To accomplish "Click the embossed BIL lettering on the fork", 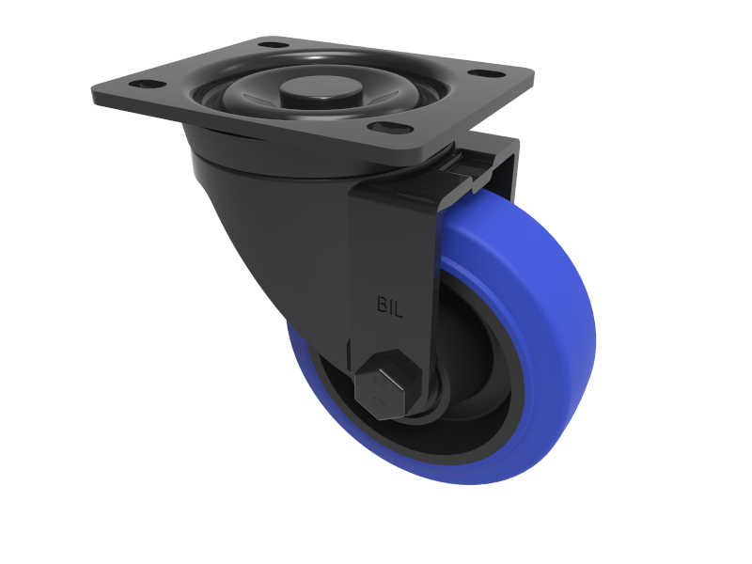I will point(390,307).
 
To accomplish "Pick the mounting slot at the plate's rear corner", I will point(272,44).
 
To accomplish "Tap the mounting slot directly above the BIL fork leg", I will point(386,127).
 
